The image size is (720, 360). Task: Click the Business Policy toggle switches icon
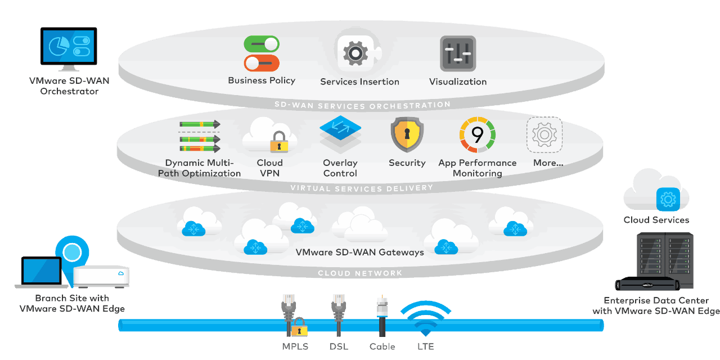(262, 53)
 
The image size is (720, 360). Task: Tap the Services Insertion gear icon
(355, 53)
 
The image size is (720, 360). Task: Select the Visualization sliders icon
(458, 53)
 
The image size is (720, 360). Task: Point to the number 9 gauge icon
(477, 135)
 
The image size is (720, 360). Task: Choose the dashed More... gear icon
(544, 135)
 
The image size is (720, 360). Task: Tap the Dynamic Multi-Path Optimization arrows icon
(199, 136)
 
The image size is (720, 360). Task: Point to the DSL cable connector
(339, 312)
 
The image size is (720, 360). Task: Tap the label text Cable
(382, 346)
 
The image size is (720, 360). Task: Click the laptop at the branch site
(41, 272)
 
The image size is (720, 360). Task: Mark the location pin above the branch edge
(73, 253)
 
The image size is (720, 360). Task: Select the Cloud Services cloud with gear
(656, 191)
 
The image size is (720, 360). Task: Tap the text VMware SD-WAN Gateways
(359, 253)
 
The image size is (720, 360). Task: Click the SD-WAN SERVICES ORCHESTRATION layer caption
(362, 105)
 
